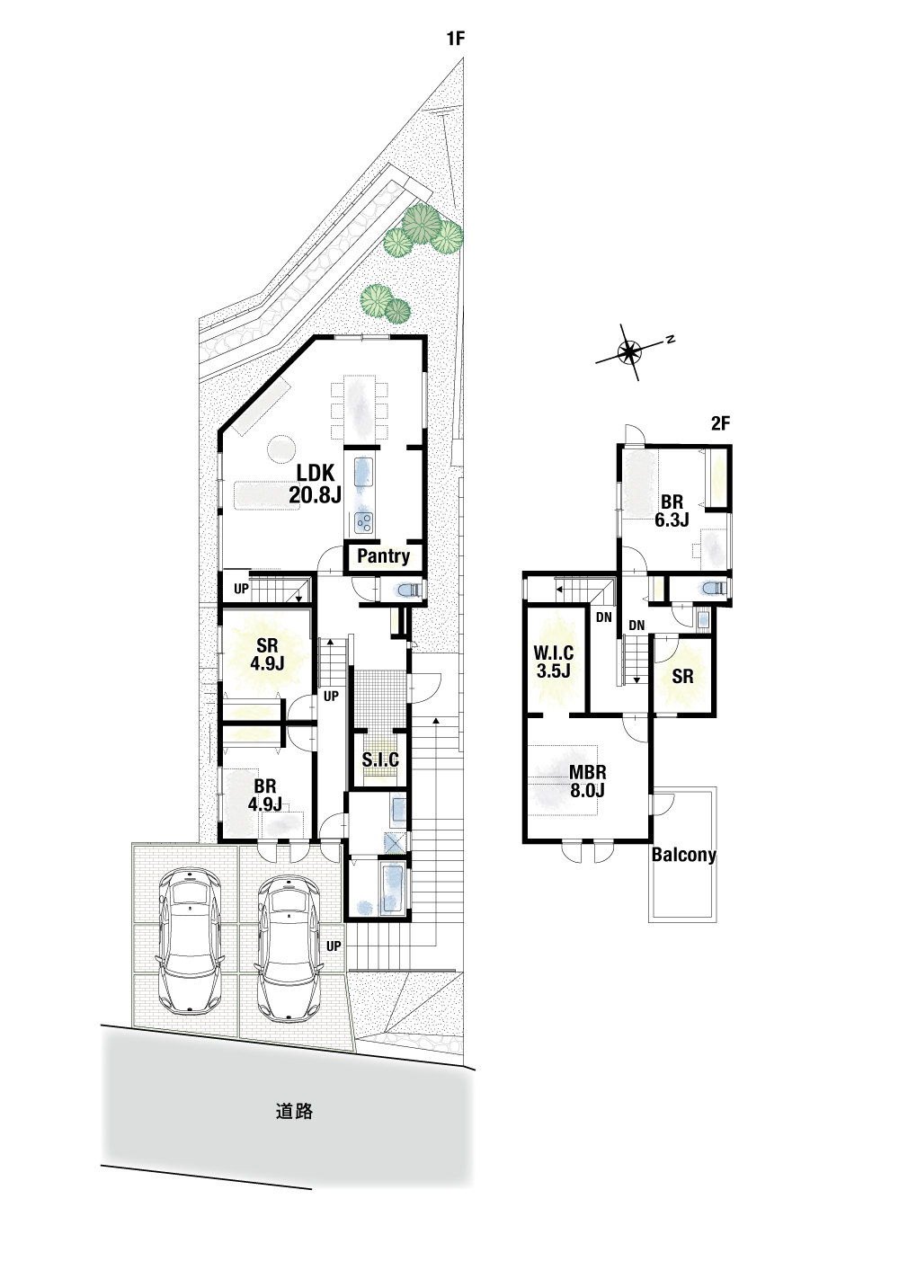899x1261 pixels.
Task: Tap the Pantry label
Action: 383,556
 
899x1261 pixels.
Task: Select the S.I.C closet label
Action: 380,759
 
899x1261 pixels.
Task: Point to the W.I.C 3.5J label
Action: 554,662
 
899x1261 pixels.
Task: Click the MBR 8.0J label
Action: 587,781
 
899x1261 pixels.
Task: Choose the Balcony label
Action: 683,855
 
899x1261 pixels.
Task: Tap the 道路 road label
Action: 294,1111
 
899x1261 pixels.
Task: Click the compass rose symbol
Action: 628,352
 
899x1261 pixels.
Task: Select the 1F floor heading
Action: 456,39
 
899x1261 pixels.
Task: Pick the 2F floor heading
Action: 721,423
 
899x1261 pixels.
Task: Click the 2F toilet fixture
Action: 713,588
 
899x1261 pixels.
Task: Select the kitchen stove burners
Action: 363,522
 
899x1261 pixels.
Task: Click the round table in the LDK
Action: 280,449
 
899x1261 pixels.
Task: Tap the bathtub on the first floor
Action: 392,888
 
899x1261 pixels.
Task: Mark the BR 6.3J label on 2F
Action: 672,510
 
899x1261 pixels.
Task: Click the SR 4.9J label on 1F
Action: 267,654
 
